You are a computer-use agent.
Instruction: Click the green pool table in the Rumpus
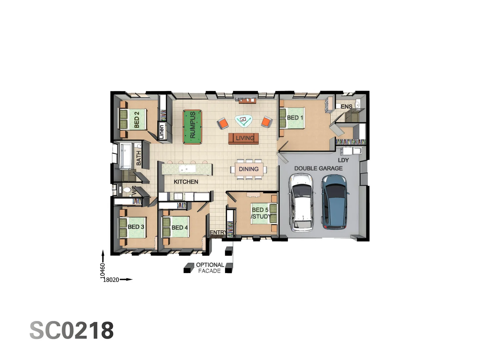coord(192,127)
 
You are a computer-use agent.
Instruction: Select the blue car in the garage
coord(334,202)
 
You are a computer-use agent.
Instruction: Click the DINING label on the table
coord(249,169)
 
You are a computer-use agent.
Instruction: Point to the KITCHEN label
coord(186,182)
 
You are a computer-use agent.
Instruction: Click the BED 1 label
coord(295,118)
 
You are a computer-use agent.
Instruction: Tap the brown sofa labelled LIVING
coord(244,138)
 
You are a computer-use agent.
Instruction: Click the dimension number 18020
coord(111,280)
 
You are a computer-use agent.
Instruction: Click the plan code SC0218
coord(72,330)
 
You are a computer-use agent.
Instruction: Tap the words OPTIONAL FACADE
coord(210,268)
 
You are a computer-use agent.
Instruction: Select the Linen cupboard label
coord(162,131)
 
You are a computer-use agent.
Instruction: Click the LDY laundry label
coord(343,160)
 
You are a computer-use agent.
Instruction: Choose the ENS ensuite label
coord(346,107)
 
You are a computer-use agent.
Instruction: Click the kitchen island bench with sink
coord(187,169)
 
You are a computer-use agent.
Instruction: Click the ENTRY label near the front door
coord(217,232)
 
